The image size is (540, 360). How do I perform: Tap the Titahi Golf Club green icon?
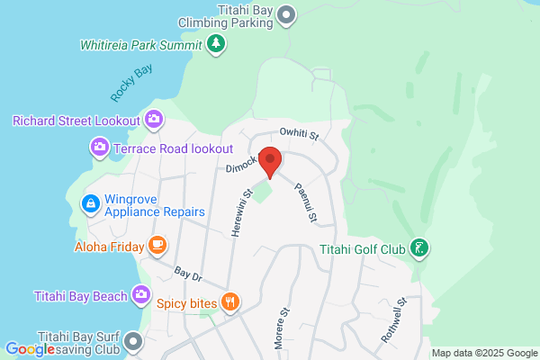(418, 247)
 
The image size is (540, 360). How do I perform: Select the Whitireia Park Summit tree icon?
(215, 43)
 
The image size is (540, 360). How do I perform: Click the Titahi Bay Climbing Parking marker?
(286, 13)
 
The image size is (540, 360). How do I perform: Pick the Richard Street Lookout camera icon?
(154, 119)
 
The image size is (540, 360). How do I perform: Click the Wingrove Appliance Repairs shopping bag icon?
(90, 205)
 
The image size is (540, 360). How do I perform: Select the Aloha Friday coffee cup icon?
(157, 244)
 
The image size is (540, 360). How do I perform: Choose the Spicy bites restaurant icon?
(230, 301)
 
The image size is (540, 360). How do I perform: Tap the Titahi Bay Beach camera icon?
(141, 294)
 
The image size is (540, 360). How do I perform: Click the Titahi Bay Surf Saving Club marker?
(133, 341)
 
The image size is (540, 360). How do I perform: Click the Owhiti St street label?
(300, 134)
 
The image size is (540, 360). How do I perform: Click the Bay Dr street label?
(186, 272)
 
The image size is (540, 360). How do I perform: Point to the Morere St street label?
(283, 328)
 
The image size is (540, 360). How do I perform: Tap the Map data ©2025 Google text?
(483, 353)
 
